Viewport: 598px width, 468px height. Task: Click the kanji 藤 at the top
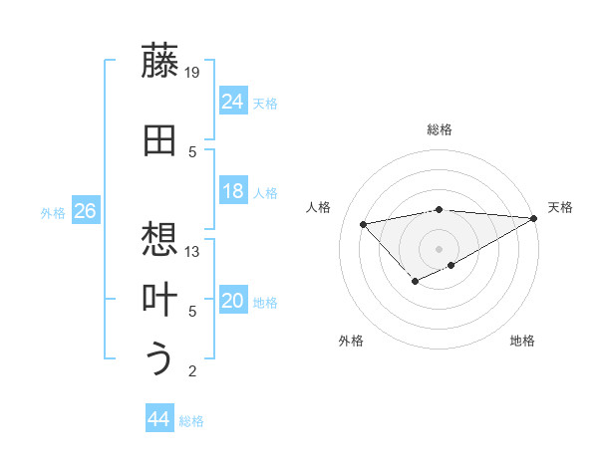click(160, 61)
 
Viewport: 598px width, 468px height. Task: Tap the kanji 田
click(160, 141)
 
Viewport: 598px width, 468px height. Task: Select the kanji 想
click(160, 239)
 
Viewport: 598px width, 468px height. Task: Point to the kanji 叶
click(160, 300)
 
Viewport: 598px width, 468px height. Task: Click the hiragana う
click(160, 357)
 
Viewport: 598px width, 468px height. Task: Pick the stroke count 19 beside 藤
click(193, 72)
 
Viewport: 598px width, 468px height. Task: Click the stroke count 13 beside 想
click(193, 251)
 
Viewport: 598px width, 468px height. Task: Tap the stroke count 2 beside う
click(193, 371)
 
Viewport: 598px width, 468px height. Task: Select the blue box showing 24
click(233, 102)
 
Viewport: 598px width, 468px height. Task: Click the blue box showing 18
click(233, 192)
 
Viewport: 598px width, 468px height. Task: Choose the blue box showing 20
click(233, 302)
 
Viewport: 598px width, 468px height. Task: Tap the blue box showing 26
click(85, 211)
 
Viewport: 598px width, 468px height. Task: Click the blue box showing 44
click(159, 420)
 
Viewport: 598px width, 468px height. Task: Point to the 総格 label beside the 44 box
click(191, 421)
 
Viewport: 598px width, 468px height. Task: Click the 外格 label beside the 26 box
click(53, 212)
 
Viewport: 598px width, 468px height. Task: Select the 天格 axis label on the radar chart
click(560, 207)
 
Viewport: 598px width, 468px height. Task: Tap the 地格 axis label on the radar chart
click(522, 341)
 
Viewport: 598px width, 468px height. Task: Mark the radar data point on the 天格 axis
click(534, 218)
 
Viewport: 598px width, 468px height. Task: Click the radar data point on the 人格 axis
click(364, 223)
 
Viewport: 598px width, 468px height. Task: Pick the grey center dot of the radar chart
click(439, 248)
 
